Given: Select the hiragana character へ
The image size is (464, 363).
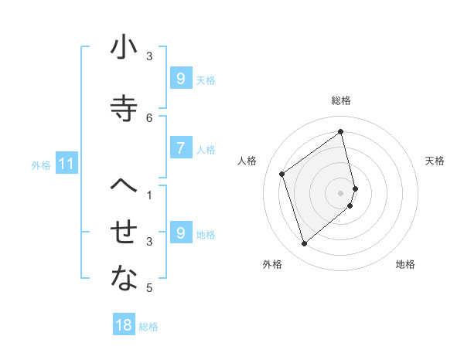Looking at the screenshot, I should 124,185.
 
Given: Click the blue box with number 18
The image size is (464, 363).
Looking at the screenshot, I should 124,325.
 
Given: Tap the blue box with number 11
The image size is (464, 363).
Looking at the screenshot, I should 67,164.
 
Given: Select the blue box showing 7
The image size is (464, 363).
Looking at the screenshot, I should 179,148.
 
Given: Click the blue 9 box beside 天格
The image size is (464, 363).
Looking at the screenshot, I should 179,78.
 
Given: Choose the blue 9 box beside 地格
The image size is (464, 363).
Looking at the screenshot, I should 179,233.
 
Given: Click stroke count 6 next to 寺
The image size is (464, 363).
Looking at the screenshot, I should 149,117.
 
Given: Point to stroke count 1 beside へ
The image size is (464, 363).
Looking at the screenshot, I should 149,195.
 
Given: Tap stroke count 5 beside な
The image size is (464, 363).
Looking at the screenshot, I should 149,289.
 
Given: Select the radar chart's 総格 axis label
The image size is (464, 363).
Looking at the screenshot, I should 341,100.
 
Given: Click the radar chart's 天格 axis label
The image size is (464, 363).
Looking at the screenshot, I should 435,161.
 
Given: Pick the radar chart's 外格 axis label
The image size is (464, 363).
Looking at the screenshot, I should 272,264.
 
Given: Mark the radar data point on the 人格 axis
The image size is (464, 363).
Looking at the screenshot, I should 282,175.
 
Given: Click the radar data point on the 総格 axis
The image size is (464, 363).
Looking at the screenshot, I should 341,131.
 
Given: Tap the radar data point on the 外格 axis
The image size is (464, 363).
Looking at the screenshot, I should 304,244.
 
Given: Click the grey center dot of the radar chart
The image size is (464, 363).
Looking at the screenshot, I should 341,192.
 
